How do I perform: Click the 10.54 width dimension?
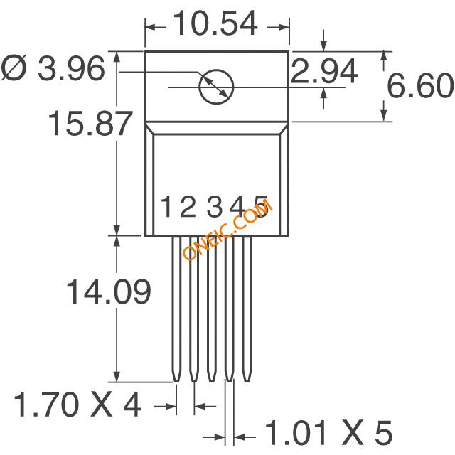(216, 23)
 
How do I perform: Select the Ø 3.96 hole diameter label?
(53, 69)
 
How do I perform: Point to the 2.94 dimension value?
(324, 70)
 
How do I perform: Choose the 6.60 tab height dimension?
(420, 85)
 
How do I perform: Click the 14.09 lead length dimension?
(109, 291)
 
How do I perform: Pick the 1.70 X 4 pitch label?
(77, 405)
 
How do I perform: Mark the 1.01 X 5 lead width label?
(328, 433)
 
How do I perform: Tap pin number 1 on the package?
(167, 206)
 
